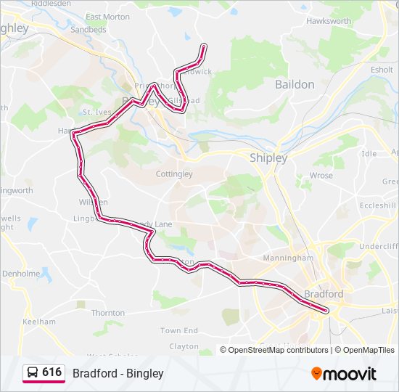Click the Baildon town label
coord(295,84)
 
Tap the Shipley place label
coord(268,158)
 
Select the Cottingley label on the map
coord(174,174)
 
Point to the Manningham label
coord(288,258)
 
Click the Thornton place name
coord(108,313)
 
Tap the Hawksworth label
coord(328,21)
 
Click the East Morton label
coord(107,17)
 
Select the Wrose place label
coord(321,176)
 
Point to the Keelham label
coord(39,322)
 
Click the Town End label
coord(179,331)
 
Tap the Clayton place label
coord(184,347)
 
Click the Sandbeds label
coord(88,30)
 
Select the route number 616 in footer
coord(52,372)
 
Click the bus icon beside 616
coord(33,372)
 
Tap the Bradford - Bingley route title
coord(118,373)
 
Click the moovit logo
coord(344,374)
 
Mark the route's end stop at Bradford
coord(327,311)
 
